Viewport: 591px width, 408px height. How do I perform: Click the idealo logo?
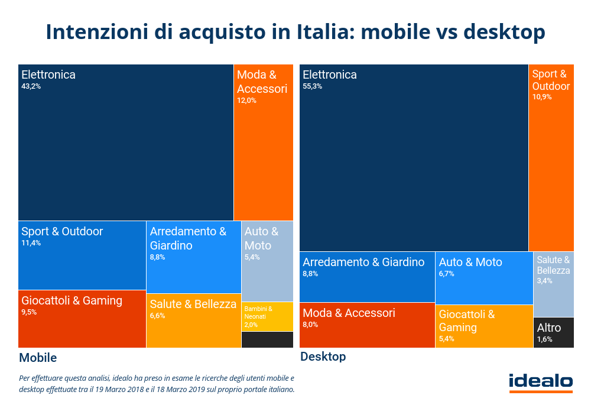[x=541, y=383]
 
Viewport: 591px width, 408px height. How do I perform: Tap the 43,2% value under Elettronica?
[x=31, y=86]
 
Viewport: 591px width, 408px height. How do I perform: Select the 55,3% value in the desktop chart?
[x=312, y=86]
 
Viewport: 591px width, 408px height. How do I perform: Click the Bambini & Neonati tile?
[x=267, y=317]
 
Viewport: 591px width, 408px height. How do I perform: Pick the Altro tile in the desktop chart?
[x=554, y=332]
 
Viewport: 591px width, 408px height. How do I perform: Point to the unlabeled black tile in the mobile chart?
[x=267, y=340]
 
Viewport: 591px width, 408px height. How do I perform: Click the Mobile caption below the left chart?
[x=38, y=358]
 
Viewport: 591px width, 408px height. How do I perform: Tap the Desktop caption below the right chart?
[x=323, y=357]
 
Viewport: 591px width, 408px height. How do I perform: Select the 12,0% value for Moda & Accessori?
[x=246, y=101]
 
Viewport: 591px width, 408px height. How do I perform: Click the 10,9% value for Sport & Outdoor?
[x=541, y=97]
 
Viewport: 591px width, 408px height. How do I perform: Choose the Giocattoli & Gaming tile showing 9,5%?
[x=82, y=319]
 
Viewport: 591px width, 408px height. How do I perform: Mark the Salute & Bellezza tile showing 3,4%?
[x=554, y=284]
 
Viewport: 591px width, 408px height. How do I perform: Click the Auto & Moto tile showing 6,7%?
[x=484, y=278]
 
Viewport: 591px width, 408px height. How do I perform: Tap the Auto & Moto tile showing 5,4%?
[x=267, y=261]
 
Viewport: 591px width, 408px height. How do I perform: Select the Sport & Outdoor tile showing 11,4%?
[x=82, y=255]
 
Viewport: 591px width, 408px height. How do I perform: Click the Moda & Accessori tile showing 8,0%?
[x=367, y=325]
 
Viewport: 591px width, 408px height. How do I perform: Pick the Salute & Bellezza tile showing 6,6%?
[x=194, y=320]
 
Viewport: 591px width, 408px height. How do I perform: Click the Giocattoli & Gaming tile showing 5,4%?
[x=484, y=326]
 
